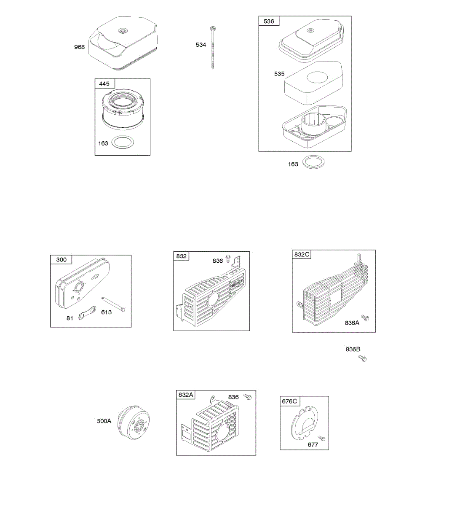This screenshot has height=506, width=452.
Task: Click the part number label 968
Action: point(79,47)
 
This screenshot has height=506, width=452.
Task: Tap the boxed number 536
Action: point(269,21)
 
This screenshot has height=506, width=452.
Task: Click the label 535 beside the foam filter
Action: point(279,73)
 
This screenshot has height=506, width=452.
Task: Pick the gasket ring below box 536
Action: point(314,162)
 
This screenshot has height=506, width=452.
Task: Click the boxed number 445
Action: point(104,83)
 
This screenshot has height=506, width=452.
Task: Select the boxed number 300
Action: point(61,259)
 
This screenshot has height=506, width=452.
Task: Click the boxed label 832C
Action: point(302,254)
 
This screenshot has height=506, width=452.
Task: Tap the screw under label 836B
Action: point(362,358)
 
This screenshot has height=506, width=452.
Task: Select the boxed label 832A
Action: point(186,395)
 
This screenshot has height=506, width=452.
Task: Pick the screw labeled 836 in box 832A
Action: point(248,396)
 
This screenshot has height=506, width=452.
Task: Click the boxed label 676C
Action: point(289,401)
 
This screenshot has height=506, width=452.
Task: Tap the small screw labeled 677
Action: point(322,439)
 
